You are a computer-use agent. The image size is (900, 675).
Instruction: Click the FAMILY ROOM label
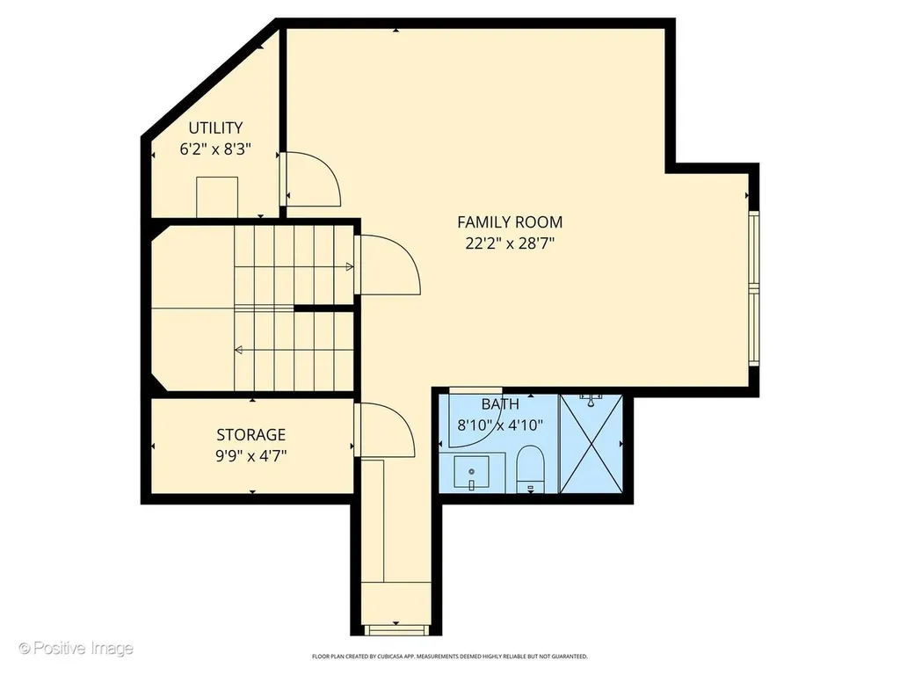(x=510, y=222)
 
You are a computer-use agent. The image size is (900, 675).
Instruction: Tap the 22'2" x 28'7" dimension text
(x=510, y=244)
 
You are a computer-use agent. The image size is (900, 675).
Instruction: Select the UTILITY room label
(x=216, y=127)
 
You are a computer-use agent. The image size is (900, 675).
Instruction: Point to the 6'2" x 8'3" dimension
(x=216, y=149)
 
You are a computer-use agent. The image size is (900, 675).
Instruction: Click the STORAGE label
(x=250, y=434)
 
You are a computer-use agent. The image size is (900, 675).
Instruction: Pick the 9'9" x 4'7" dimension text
(x=250, y=456)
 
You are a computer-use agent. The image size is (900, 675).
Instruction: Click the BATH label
(x=500, y=404)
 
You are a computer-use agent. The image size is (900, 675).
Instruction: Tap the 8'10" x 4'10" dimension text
(x=500, y=425)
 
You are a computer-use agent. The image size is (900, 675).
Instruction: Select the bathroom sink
(x=471, y=473)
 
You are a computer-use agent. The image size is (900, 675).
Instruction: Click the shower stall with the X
(x=592, y=443)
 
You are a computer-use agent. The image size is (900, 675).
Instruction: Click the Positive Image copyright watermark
(x=76, y=649)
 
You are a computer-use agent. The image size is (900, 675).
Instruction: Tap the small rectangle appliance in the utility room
(x=217, y=198)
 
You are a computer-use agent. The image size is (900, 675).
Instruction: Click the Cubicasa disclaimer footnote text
(x=449, y=656)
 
